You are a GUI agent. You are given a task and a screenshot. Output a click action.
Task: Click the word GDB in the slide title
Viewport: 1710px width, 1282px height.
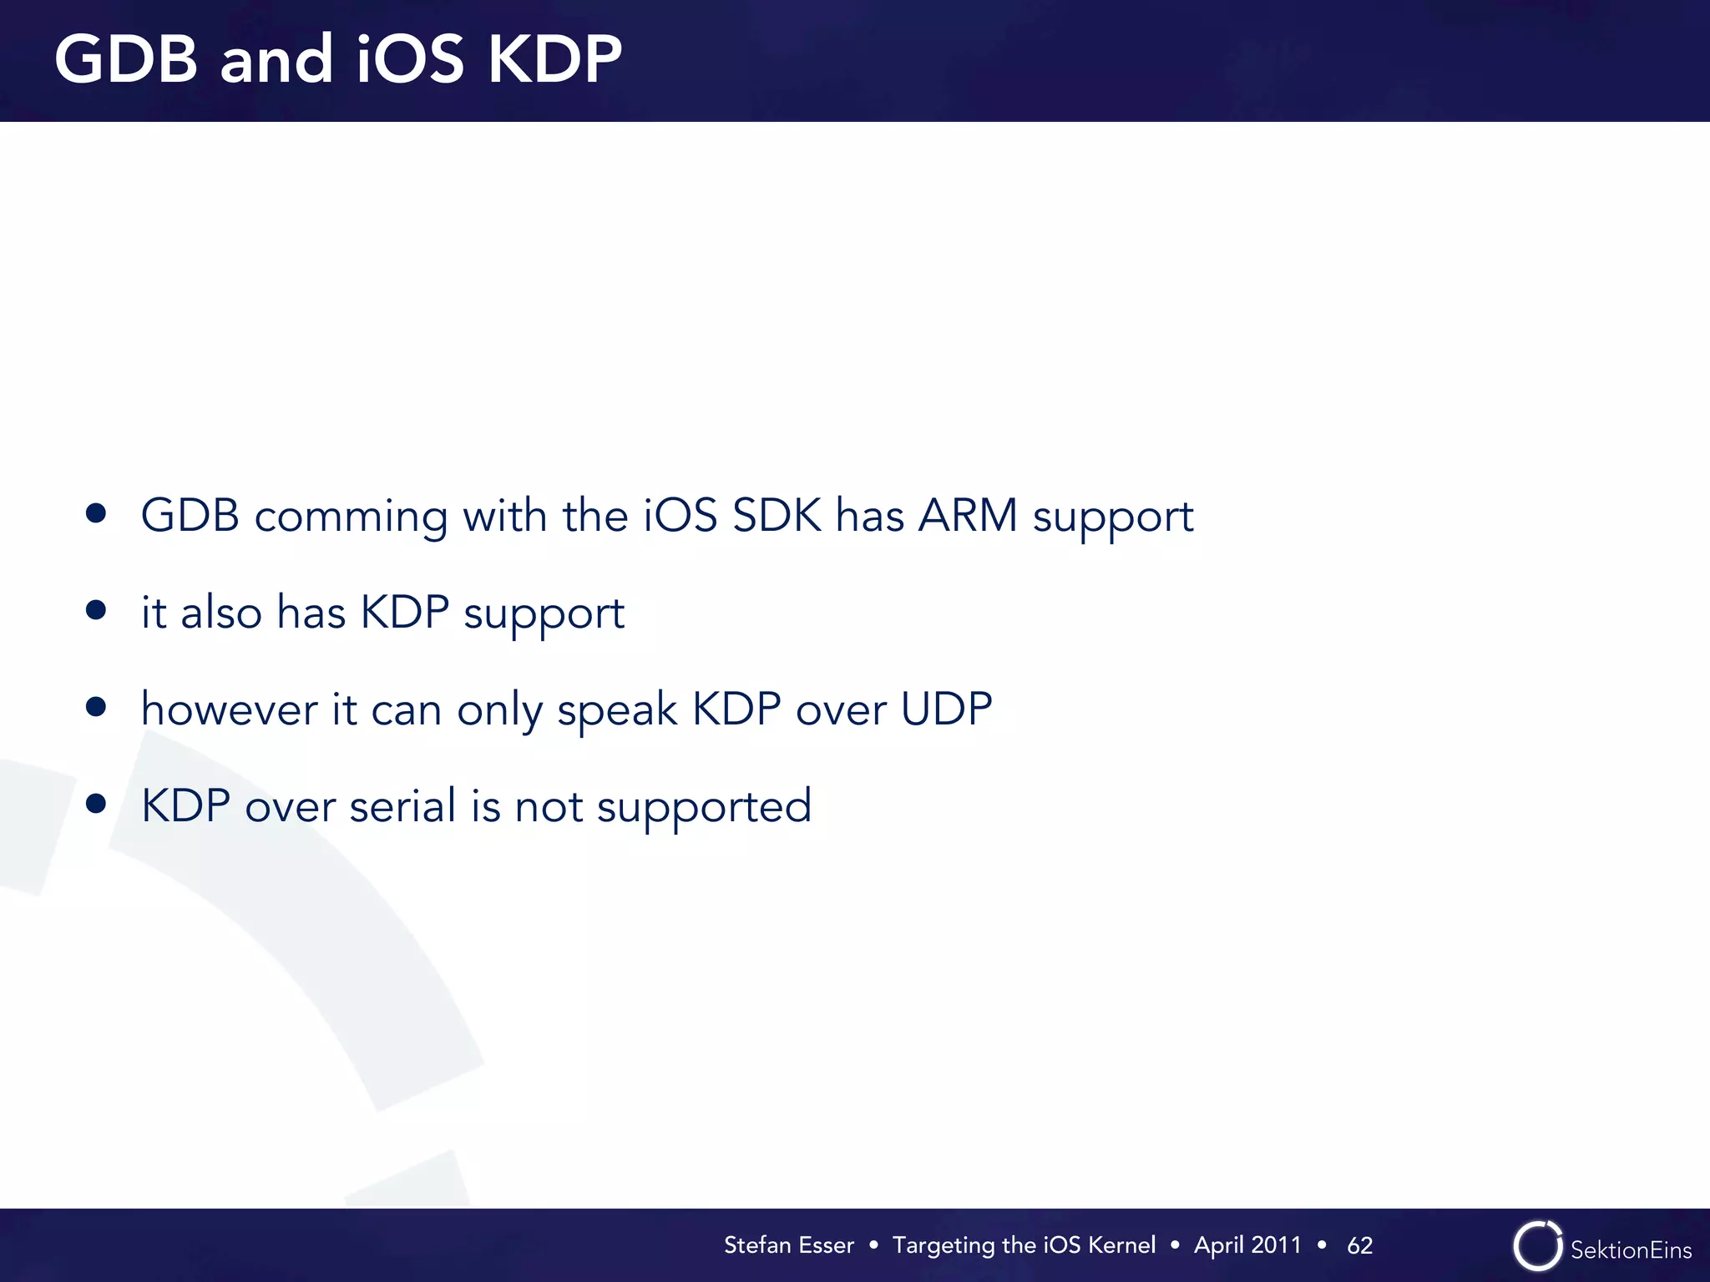click(x=126, y=60)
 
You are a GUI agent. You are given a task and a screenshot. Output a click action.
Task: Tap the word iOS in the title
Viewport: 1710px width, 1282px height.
click(x=409, y=60)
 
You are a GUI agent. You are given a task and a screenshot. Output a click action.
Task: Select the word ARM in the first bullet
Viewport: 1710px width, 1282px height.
click(x=968, y=515)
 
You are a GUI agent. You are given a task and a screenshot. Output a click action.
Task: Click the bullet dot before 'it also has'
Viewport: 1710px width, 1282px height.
click(x=96, y=610)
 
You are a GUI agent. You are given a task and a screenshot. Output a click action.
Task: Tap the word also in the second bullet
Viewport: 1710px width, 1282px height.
click(x=221, y=612)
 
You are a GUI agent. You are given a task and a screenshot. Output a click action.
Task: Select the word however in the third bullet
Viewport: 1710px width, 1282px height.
click(x=229, y=709)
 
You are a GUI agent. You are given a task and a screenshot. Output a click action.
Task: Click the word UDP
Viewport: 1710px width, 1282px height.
click(x=946, y=709)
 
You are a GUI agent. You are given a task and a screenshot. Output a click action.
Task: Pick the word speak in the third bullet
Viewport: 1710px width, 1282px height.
click(x=617, y=711)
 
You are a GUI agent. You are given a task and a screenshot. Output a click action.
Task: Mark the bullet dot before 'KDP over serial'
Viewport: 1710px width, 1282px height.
click(x=96, y=804)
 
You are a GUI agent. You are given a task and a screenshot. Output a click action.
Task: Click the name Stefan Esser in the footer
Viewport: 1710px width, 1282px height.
click(x=788, y=1245)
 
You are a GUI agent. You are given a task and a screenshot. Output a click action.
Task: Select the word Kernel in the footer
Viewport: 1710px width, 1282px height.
click(x=1121, y=1245)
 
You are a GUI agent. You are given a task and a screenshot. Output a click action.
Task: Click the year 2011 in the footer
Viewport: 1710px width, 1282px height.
click(x=1276, y=1245)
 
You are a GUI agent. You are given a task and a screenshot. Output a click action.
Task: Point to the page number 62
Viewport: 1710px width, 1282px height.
click(x=1359, y=1245)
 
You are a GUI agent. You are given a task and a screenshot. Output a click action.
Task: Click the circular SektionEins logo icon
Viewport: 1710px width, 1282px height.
click(x=1537, y=1246)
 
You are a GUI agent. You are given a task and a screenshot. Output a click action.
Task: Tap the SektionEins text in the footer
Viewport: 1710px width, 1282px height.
click(x=1631, y=1249)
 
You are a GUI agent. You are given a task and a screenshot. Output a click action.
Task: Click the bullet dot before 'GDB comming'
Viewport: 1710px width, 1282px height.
click(x=96, y=513)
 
